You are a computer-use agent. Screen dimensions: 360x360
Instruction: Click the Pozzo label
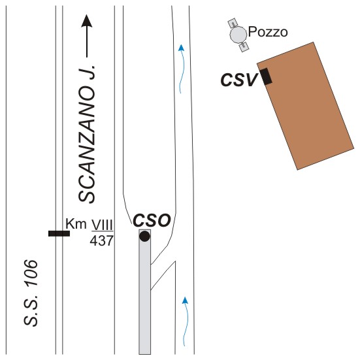(x=268, y=32)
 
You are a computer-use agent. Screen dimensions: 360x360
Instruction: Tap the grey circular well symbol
(x=238, y=35)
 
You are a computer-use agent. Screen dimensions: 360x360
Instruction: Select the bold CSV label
(x=238, y=80)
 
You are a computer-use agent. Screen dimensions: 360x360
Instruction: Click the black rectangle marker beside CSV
(x=266, y=76)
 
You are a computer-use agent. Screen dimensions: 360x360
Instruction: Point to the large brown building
(x=305, y=106)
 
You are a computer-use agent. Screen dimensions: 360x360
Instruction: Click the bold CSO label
(x=152, y=220)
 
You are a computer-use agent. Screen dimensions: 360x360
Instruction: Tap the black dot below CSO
(x=144, y=237)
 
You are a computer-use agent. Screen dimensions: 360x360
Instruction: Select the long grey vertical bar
(x=144, y=291)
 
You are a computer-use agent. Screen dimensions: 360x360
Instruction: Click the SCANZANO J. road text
(x=86, y=134)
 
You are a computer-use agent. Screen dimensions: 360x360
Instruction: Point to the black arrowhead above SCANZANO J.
(x=86, y=21)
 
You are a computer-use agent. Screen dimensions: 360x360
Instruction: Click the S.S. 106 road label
(x=31, y=293)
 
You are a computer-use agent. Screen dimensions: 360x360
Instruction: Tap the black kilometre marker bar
(x=59, y=233)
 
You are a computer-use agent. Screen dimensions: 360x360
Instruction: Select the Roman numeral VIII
(x=103, y=225)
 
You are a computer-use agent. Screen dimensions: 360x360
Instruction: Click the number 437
(x=101, y=241)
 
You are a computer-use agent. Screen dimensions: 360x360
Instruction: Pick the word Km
(x=76, y=223)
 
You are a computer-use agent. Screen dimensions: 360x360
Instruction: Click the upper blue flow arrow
(x=182, y=69)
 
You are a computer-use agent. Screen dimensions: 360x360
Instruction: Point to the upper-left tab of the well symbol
(x=233, y=22)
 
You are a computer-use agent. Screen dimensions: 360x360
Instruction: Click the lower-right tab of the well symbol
(x=244, y=47)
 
